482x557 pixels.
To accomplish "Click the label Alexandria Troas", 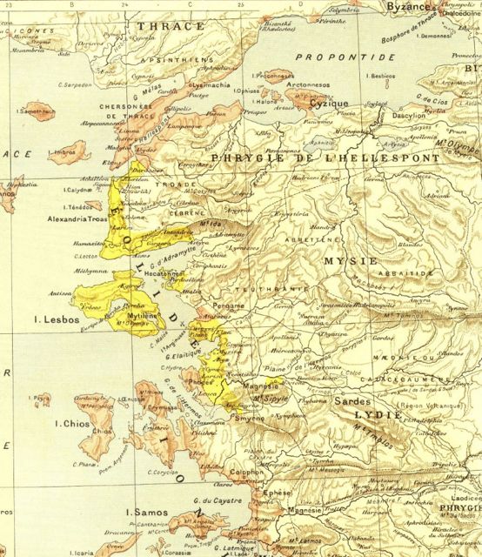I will coord(79,221).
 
